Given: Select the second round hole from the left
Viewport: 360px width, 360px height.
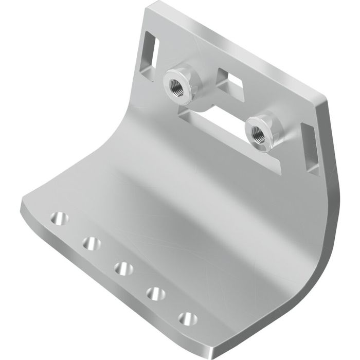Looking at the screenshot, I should click(92, 242).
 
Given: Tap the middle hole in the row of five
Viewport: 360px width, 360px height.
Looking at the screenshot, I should click(122, 267).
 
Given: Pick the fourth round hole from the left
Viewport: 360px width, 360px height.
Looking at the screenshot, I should click(154, 293).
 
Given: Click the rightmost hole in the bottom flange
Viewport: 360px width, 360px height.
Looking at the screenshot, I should click(187, 318).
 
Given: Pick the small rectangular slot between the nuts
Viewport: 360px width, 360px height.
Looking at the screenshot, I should click(229, 80).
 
